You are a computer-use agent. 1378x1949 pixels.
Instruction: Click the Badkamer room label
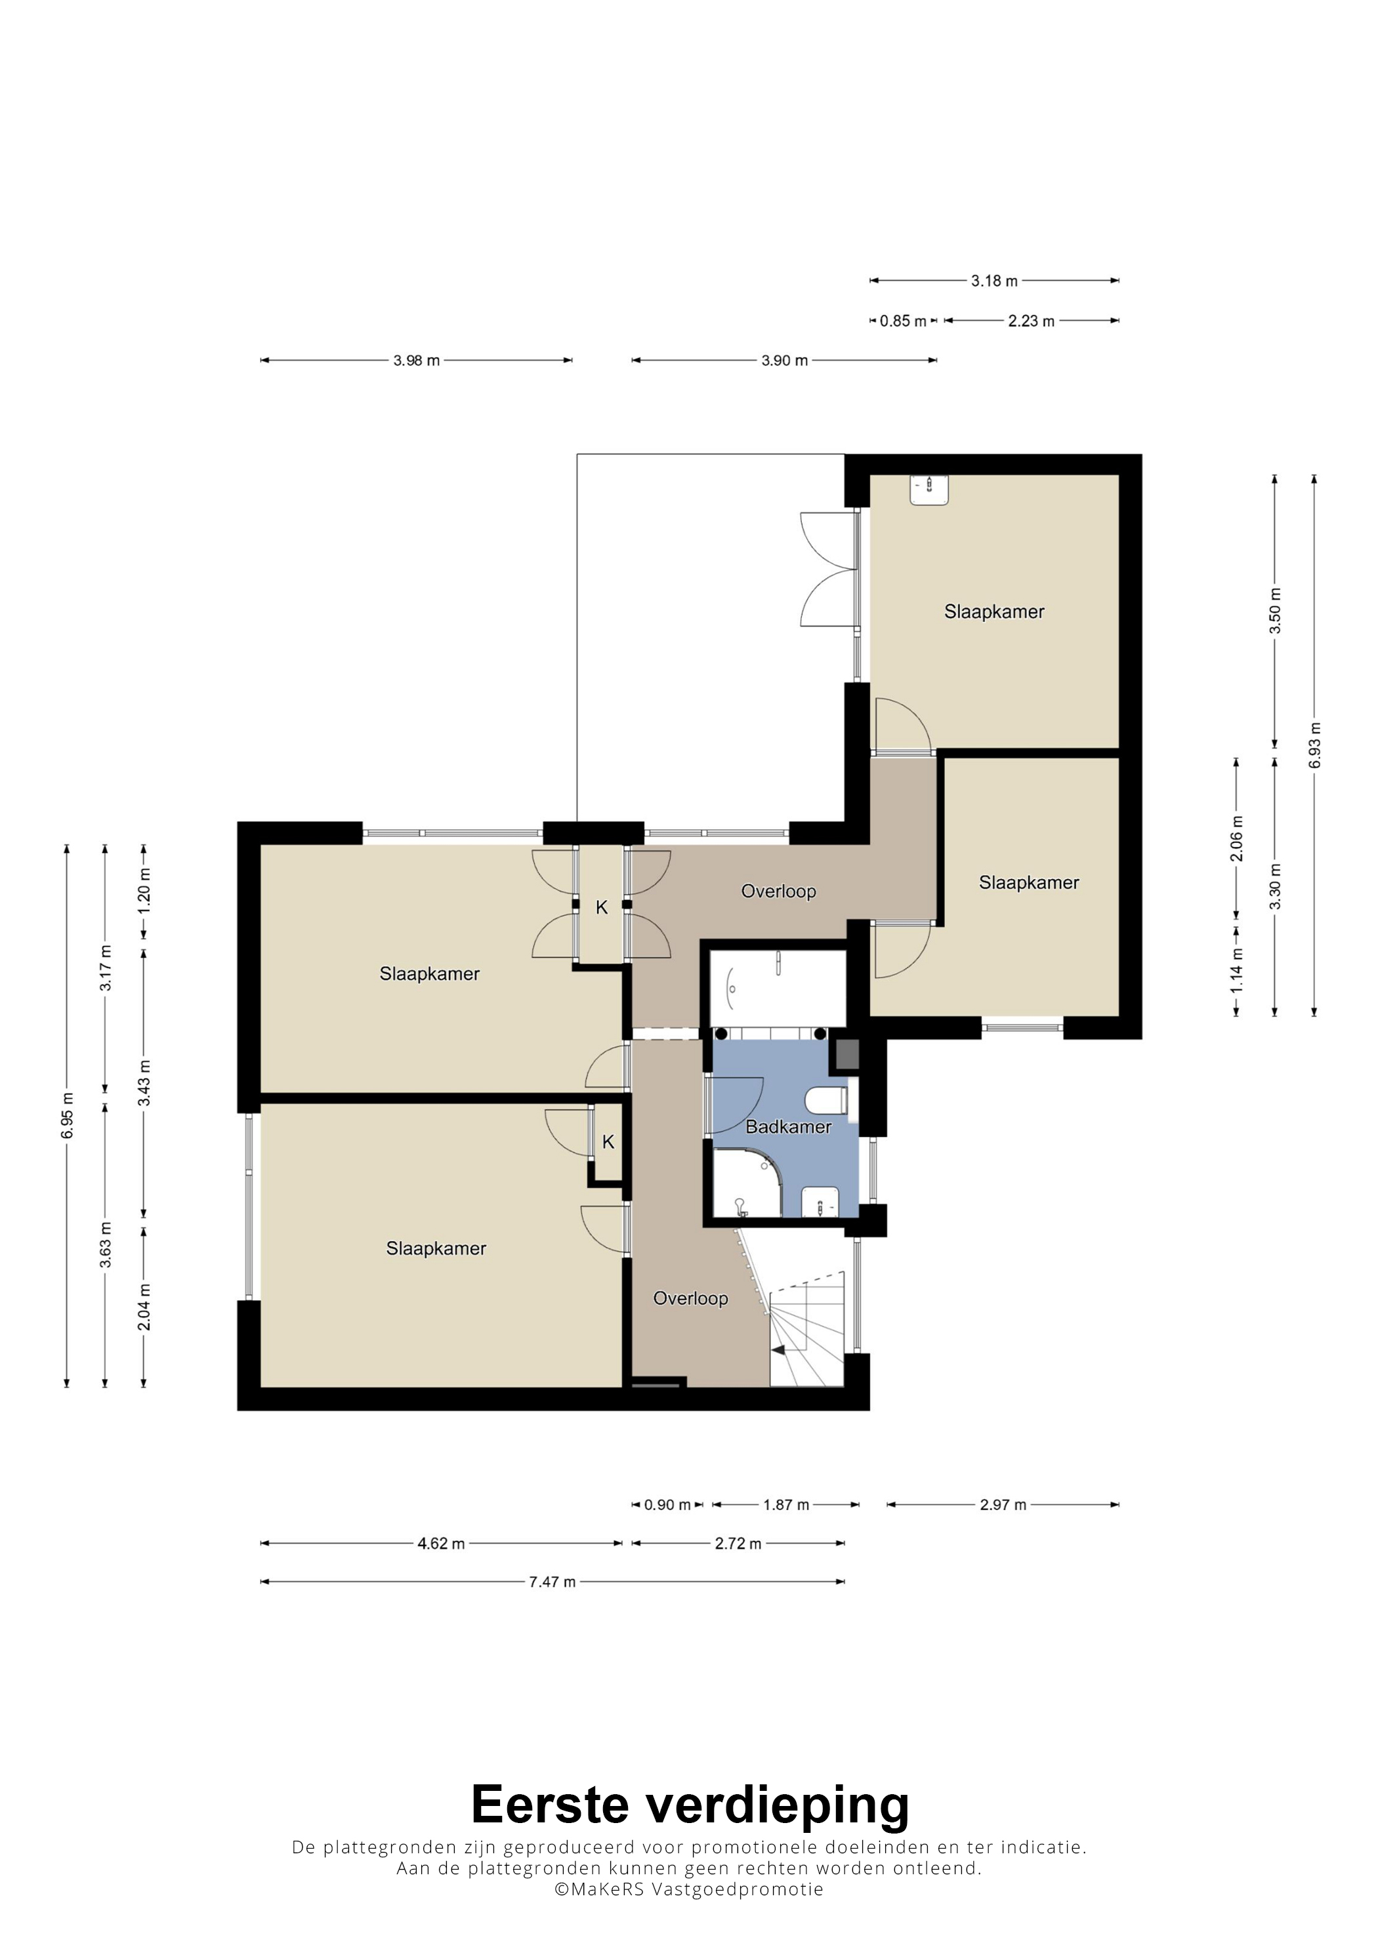[788, 1126]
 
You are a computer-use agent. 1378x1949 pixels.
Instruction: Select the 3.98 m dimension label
[416, 360]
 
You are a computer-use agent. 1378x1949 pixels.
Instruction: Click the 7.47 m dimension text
[552, 1582]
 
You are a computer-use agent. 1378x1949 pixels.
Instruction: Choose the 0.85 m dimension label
[902, 321]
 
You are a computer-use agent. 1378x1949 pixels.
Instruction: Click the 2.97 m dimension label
[1003, 1504]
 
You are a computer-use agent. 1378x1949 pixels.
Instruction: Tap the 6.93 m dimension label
[1315, 745]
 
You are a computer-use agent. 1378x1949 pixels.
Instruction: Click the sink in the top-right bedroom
[930, 490]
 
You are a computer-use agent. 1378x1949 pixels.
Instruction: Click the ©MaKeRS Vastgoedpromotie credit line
[688, 1889]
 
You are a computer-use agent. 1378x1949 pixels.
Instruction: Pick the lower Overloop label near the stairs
[690, 1298]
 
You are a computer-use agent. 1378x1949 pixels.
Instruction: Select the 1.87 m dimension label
[785, 1504]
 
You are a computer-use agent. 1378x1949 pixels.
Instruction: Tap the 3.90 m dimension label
[783, 360]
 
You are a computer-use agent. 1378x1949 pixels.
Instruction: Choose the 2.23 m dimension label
[1031, 321]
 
